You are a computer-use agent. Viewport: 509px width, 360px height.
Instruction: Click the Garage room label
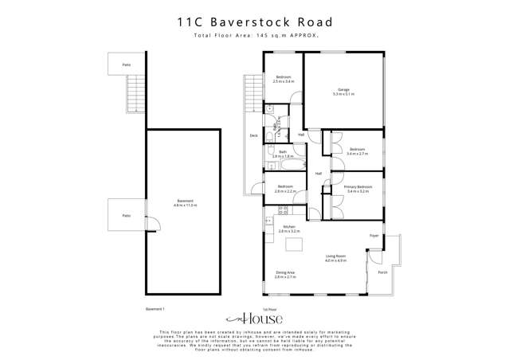[x=344, y=89]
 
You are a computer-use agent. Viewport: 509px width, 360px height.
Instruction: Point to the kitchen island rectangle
[x=294, y=244]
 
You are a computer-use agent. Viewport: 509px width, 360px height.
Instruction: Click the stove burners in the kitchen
[x=283, y=210]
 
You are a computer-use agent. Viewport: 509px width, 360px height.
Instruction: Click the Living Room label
[x=335, y=256]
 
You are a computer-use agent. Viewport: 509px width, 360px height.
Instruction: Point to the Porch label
[x=382, y=272]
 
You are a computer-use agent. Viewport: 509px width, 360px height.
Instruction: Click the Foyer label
[x=373, y=236]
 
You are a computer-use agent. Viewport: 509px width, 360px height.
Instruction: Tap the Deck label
[x=253, y=136]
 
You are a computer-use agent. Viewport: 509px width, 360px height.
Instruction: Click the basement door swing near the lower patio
[x=155, y=224]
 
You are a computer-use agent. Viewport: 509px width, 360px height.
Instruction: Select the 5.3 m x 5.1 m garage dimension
[x=344, y=94]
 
